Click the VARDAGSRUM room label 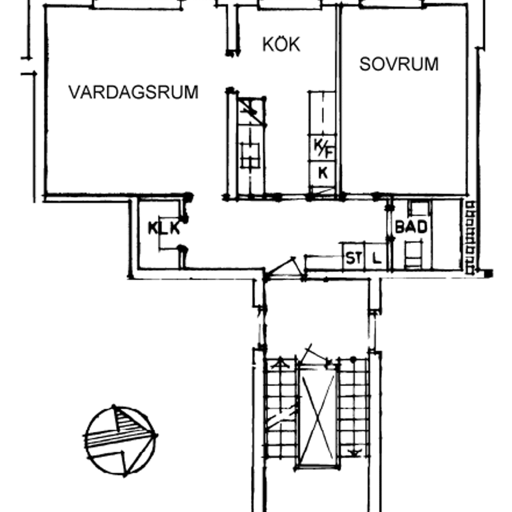(133, 92)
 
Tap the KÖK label (281, 44)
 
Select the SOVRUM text (399, 64)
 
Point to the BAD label (411, 227)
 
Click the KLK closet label (164, 228)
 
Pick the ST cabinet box (354, 257)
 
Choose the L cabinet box (376, 257)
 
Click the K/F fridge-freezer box (322, 148)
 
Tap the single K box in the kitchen (322, 174)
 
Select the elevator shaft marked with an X (318, 417)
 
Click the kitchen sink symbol (250, 155)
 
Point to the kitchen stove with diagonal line (251, 111)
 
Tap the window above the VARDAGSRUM (137, 5)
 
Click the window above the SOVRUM (392, 5)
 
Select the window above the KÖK (289, 5)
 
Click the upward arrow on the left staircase (280, 363)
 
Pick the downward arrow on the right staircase (353, 453)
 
